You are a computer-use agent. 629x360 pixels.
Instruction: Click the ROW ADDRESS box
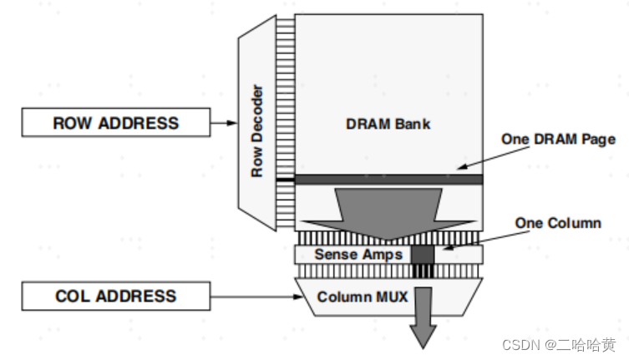pos(116,124)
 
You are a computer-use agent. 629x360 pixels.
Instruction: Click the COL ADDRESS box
pos(116,296)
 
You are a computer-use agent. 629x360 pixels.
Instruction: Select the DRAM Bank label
pos(388,124)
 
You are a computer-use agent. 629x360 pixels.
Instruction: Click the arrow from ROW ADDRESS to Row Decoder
pos(224,124)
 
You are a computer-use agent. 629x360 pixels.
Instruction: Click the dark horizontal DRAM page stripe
pos(388,179)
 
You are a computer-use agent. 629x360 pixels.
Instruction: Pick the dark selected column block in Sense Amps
pos(423,254)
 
